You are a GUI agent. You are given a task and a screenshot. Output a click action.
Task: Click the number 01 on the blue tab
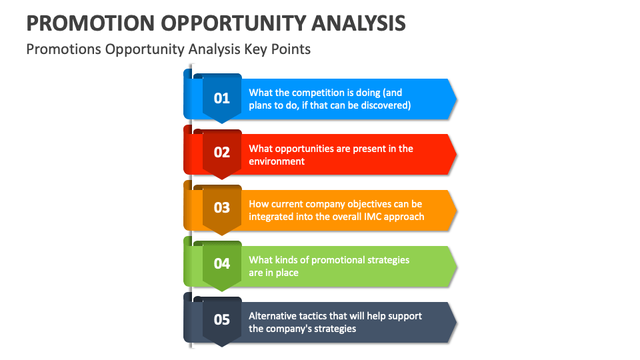[x=221, y=98]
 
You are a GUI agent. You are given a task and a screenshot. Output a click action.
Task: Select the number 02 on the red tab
[x=221, y=153]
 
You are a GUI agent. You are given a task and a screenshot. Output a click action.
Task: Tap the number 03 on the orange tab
[x=221, y=207]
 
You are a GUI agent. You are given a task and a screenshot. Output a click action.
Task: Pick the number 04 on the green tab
[x=221, y=263]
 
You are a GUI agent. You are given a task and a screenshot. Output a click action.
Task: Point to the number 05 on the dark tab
[x=221, y=319]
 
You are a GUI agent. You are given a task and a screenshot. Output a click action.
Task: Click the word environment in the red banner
[x=277, y=161]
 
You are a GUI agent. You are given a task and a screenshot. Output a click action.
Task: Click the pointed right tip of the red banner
[x=455, y=154]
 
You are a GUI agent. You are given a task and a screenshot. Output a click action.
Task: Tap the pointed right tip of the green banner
[x=455, y=266]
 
